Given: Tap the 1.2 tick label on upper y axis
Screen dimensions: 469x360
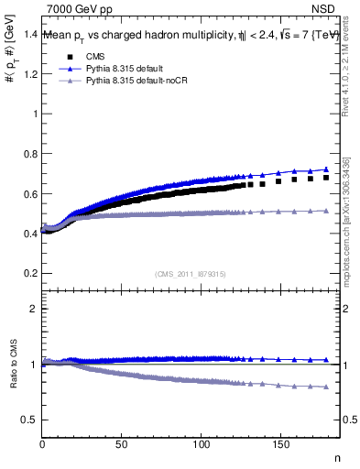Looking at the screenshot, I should pos(31,74).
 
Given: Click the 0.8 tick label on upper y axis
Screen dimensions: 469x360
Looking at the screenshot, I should pos(31,154).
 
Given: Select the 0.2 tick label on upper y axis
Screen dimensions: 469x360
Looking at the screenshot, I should pos(31,273).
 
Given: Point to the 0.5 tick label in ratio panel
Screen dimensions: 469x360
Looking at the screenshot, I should pos(31,420).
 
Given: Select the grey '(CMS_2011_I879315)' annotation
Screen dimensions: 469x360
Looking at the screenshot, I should pos(191,273).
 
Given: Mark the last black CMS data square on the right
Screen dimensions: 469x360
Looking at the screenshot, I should pos(326,178).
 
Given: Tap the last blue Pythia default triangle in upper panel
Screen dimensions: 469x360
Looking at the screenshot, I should pos(326,169).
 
